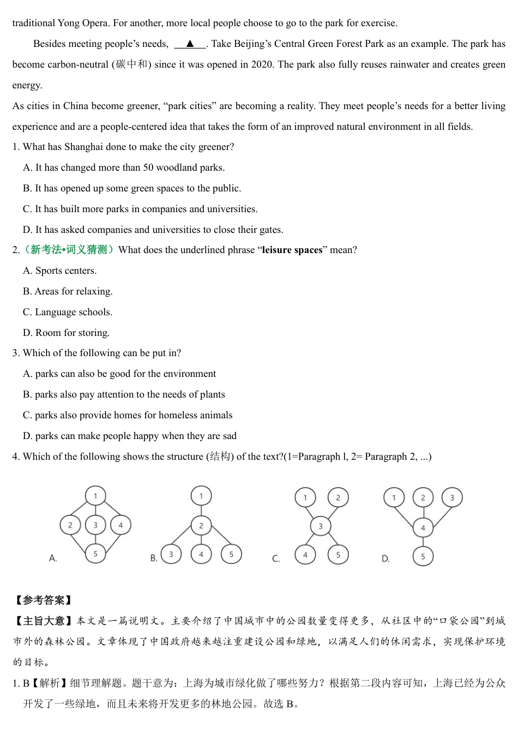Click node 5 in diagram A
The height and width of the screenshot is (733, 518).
click(95, 554)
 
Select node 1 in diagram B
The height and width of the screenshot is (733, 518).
click(201, 496)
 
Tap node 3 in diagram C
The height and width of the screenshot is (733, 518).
click(320, 526)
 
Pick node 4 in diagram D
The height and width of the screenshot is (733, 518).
click(423, 527)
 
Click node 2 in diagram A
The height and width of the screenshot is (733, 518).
click(70, 525)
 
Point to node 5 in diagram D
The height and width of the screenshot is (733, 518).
click(423, 556)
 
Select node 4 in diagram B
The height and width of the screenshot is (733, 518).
click(201, 554)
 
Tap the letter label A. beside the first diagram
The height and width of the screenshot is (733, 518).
click(53, 558)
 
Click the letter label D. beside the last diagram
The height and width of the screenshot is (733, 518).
click(386, 558)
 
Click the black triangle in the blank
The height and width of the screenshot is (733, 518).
click(190, 44)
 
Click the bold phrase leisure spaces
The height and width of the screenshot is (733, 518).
click(292, 250)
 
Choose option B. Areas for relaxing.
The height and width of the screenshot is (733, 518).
click(68, 291)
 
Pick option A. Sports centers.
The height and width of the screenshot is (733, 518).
click(59, 271)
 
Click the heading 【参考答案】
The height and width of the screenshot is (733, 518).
click(43, 600)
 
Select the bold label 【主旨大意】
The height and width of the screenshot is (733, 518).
click(43, 621)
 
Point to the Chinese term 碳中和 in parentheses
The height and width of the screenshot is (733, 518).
click(131, 64)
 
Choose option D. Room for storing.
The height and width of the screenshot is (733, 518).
click(66, 333)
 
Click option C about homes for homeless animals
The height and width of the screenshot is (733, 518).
click(128, 415)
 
